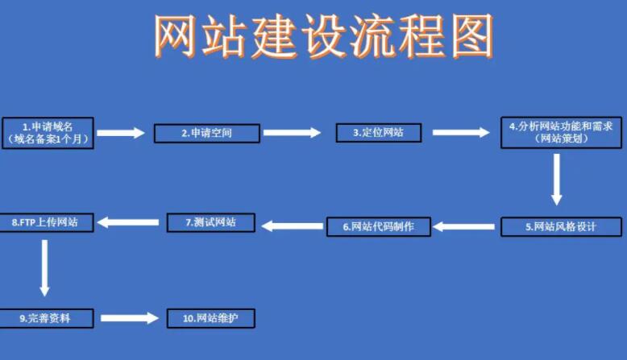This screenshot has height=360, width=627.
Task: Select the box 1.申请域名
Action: click(x=48, y=133)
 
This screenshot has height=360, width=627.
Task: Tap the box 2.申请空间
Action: click(x=207, y=133)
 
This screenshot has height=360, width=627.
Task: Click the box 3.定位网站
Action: click(x=378, y=132)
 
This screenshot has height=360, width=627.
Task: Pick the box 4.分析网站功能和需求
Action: click(x=562, y=133)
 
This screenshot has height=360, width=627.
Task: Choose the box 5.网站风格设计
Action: click(x=561, y=227)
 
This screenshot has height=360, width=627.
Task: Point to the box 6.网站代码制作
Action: click(x=378, y=226)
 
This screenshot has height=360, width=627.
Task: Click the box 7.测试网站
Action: click(x=210, y=221)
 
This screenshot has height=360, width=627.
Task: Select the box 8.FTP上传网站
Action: click(x=46, y=221)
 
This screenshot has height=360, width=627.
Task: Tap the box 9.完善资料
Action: click(x=46, y=318)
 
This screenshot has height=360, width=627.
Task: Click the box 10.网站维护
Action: click(x=211, y=318)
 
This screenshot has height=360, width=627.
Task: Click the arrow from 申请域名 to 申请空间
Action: click(x=121, y=133)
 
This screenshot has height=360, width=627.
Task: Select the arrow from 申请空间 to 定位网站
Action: click(x=292, y=132)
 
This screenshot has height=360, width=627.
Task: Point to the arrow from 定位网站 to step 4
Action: click(x=460, y=132)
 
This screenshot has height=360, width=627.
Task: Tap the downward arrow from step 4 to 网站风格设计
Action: click(x=556, y=179)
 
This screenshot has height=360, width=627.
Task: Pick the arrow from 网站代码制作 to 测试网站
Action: click(x=292, y=226)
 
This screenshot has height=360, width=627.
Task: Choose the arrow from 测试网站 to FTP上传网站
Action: click(x=128, y=221)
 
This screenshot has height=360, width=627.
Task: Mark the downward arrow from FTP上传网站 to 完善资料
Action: click(x=44, y=267)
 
